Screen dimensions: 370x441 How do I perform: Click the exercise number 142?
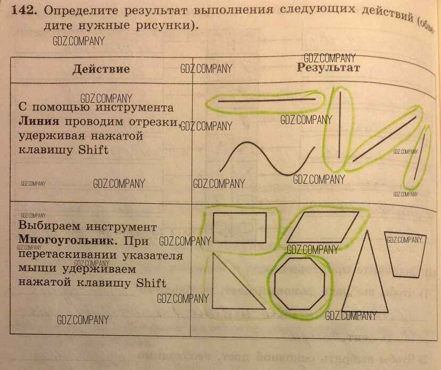[25, 10]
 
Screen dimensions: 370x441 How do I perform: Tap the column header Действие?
[101, 69]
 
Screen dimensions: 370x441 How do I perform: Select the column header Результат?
[328, 67]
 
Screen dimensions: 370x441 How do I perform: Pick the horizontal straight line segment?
[266, 100]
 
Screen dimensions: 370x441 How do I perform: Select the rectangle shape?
[239, 227]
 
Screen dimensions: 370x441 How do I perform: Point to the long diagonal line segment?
[384, 139]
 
